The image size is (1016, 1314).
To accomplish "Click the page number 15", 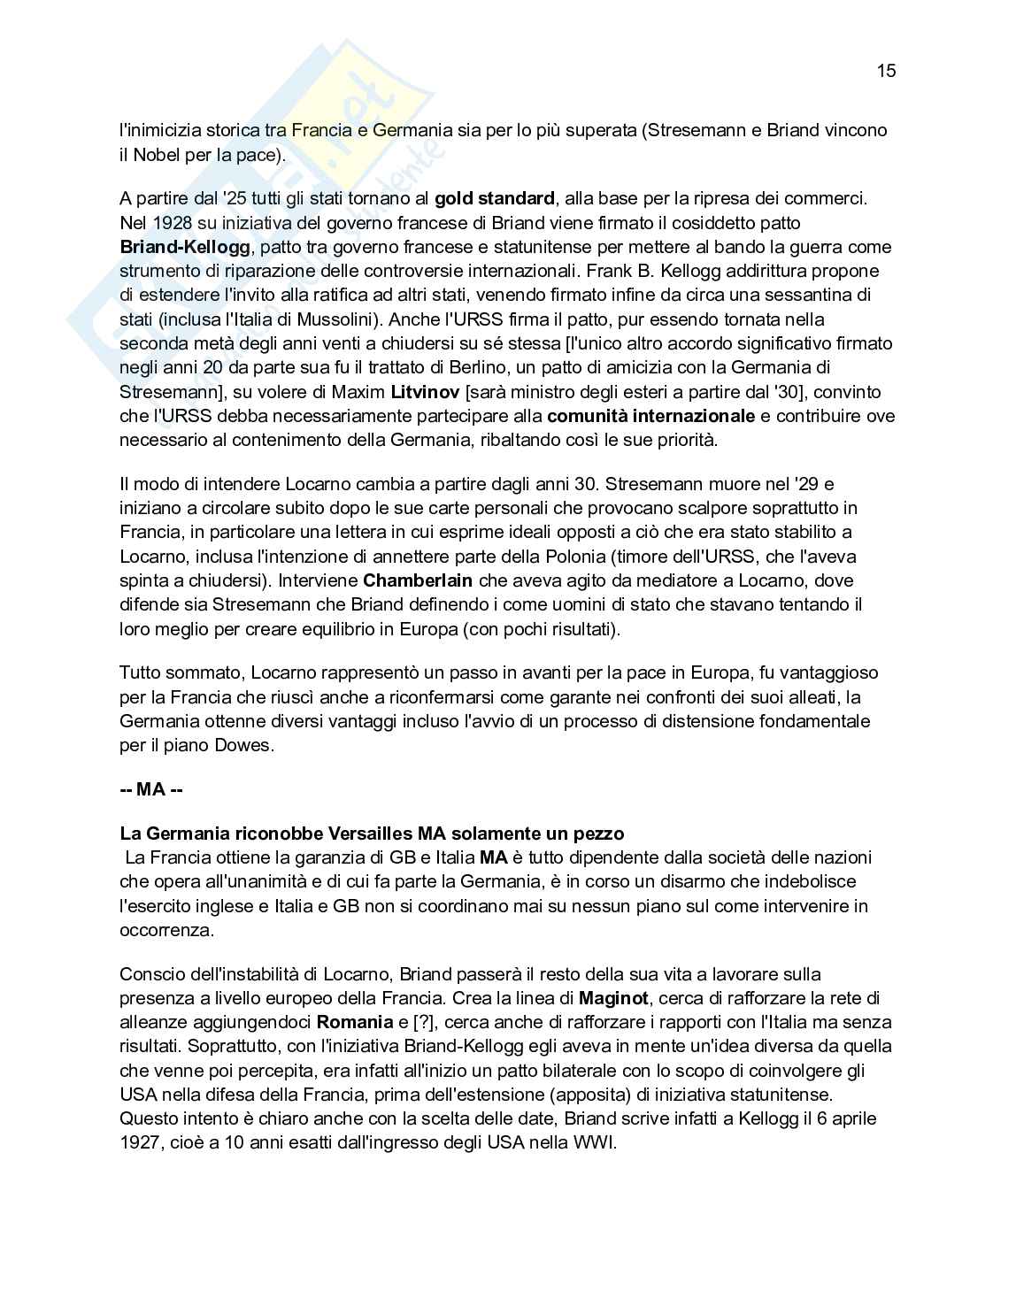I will click(x=886, y=71).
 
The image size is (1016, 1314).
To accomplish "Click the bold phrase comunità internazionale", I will click(x=651, y=416).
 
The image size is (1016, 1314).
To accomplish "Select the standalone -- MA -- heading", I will click(x=151, y=789).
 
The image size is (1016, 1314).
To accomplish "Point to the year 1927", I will click(x=139, y=1142).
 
